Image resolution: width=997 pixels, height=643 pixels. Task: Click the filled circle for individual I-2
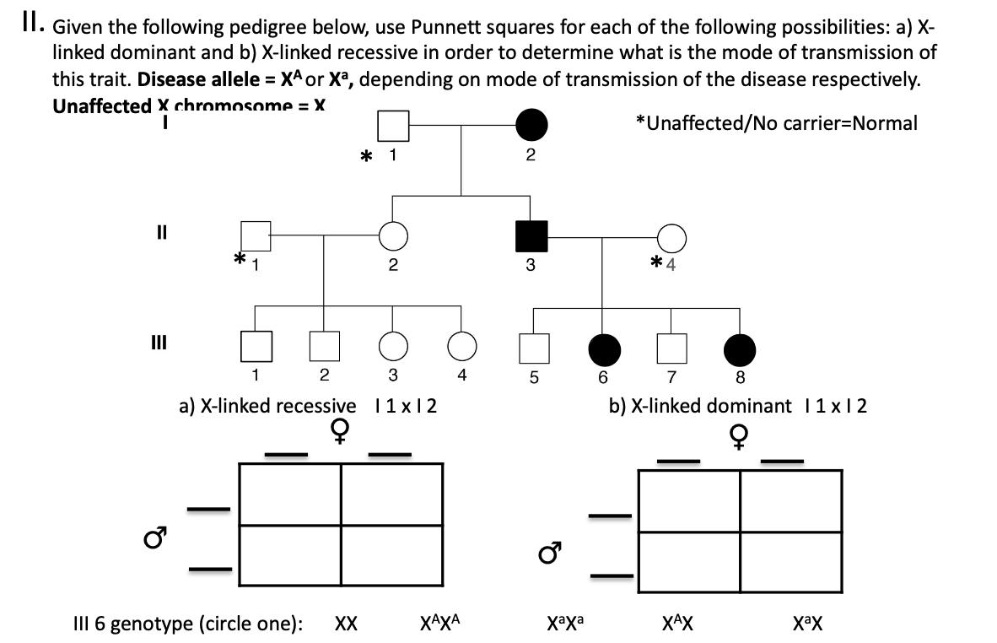(x=531, y=126)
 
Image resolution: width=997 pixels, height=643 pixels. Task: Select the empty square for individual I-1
(x=393, y=126)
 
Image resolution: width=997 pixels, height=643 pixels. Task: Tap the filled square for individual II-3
(x=531, y=236)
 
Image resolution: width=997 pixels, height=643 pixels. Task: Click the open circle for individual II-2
(x=393, y=236)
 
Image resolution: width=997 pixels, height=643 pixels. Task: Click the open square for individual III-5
(x=533, y=346)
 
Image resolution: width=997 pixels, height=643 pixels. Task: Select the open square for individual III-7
(x=671, y=345)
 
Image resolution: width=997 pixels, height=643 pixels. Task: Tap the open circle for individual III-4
(x=461, y=345)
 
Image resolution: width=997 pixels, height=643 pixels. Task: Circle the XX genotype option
(x=346, y=624)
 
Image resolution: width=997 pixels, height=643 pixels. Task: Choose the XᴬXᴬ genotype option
(x=439, y=624)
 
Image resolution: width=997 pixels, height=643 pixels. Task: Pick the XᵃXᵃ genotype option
(x=566, y=624)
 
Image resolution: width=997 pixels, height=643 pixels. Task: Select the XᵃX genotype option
(x=807, y=624)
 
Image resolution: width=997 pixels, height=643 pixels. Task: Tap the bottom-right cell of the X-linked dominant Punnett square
(x=791, y=563)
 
